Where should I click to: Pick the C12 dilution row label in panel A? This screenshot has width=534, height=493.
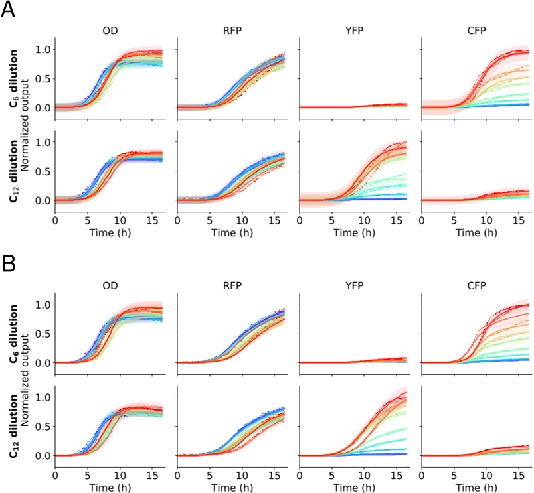pyautogui.click(x=14, y=171)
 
